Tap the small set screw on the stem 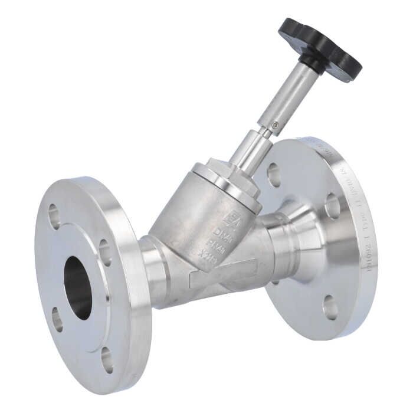(x=276, y=125)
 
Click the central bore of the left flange (x=78, y=287)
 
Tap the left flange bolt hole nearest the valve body (x=105, y=252)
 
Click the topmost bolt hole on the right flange (x=274, y=175)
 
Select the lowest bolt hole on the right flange (x=330, y=307)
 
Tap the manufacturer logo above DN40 (x=231, y=218)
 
